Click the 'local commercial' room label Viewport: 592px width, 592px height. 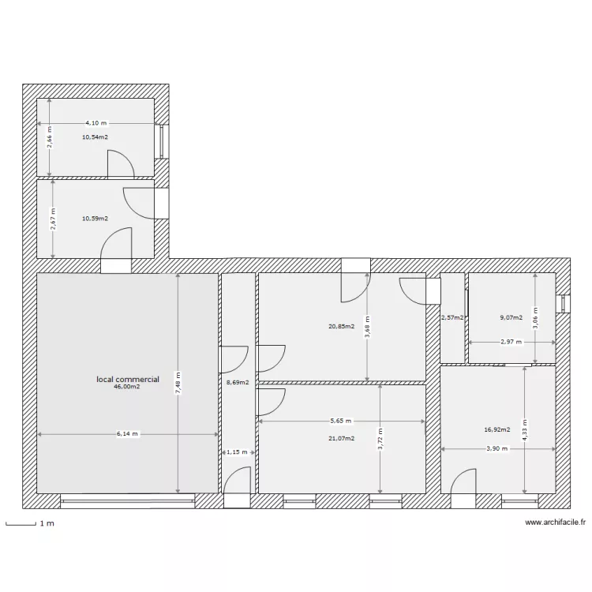[128, 380]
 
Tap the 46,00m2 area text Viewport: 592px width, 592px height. [127, 387]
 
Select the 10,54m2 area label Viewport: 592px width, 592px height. [95, 137]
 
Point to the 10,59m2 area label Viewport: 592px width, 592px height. [95, 219]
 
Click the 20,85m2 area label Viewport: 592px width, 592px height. [342, 326]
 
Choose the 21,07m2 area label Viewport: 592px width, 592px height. [342, 438]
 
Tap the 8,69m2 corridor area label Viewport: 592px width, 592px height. [238, 383]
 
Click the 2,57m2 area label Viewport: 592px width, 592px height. [452, 318]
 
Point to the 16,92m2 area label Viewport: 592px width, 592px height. [497, 430]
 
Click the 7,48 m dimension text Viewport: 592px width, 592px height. [178, 383]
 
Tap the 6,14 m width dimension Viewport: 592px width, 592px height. [127, 433]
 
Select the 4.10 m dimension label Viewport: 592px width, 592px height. [98, 123]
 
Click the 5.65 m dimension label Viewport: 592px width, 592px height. [340, 422]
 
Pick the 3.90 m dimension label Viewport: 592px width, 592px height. [496, 448]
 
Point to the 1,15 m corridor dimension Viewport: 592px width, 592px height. [237, 452]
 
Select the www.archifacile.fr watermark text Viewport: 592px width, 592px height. [556, 522]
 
